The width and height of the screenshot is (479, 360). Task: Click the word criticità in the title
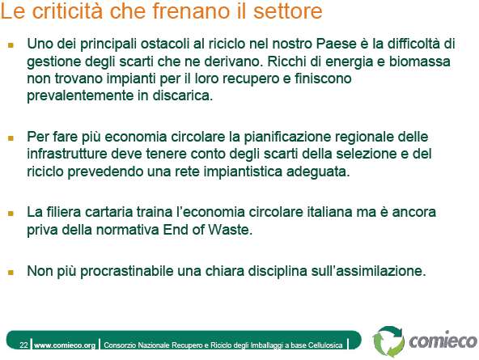click(68, 11)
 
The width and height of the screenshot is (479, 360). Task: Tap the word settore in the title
click(288, 11)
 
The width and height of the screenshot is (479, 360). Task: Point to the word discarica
click(182, 95)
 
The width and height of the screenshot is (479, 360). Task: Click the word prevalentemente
click(80, 96)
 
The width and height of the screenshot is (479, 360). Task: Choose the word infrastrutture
click(67, 154)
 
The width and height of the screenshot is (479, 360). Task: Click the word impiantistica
click(243, 172)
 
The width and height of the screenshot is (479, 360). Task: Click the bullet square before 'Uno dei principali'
click(11, 45)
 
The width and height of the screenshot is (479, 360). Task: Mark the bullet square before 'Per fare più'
click(11, 138)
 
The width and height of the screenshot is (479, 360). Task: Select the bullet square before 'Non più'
click(11, 273)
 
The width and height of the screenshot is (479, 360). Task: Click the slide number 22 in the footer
click(23, 345)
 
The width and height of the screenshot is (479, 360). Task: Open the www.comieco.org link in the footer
click(65, 345)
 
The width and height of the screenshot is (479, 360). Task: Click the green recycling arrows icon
click(389, 341)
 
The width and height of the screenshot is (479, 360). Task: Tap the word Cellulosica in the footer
click(325, 345)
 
